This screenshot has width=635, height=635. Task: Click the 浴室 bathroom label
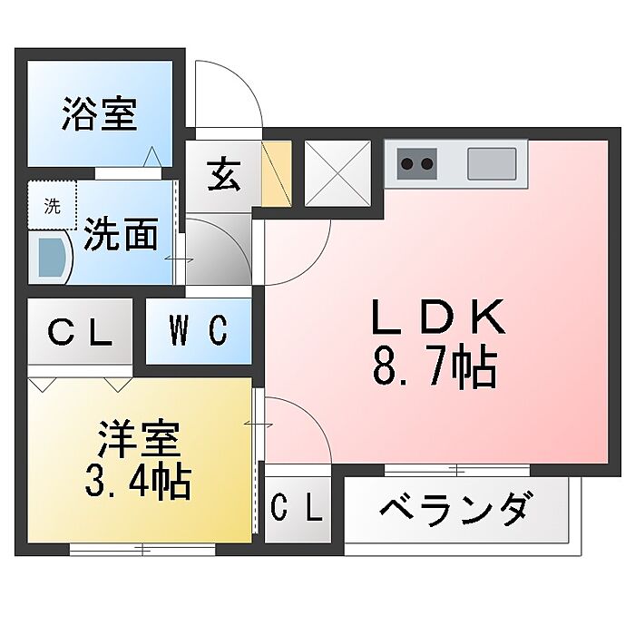pyautogui.click(x=100, y=116)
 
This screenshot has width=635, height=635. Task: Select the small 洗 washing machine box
pyautogui.click(x=53, y=206)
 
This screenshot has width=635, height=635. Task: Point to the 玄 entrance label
pyautogui.click(x=224, y=173)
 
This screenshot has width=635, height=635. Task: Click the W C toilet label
pyautogui.click(x=198, y=332)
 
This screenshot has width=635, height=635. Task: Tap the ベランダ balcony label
pyautogui.click(x=454, y=509)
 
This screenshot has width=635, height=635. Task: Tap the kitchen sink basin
pyautogui.click(x=492, y=164)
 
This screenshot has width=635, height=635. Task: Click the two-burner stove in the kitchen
pyautogui.click(x=417, y=164)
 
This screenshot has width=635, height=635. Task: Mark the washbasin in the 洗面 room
pyautogui.click(x=51, y=257)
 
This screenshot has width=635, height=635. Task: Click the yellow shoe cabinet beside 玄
pyautogui.click(x=275, y=173)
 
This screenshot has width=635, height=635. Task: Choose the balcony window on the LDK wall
pyautogui.click(x=456, y=469)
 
